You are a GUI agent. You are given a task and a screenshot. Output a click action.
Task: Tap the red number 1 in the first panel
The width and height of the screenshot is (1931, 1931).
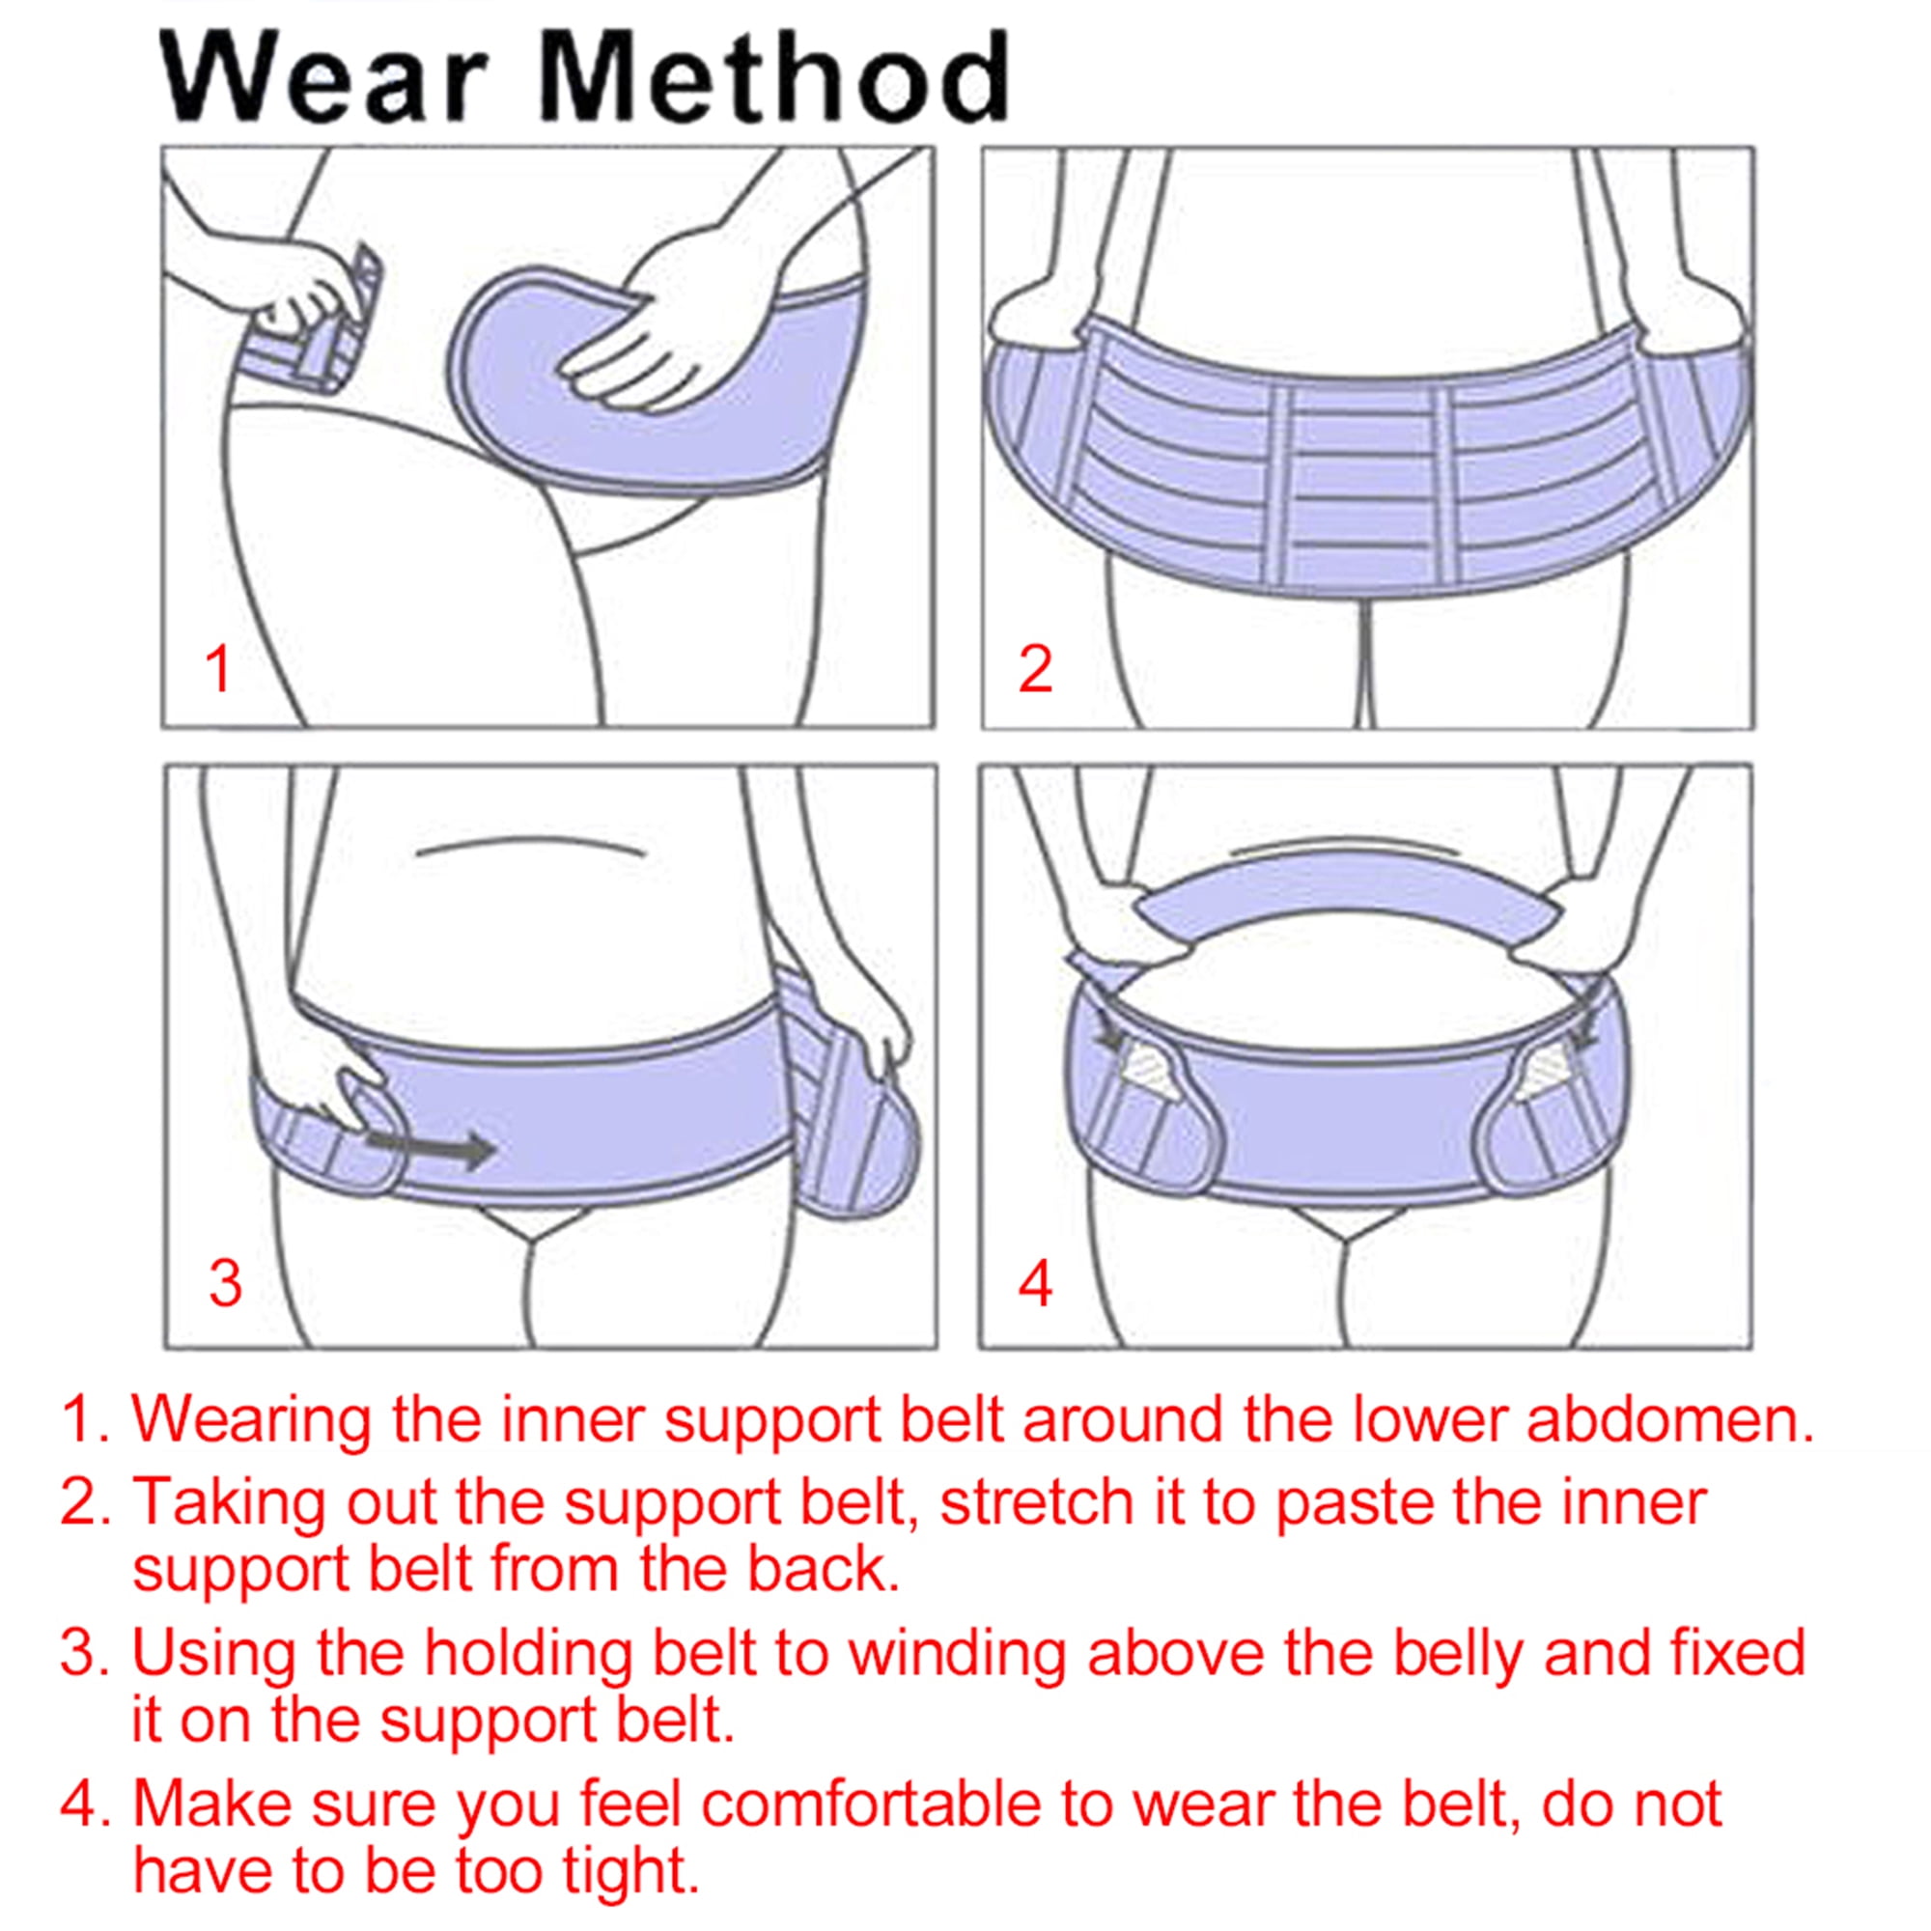(x=219, y=669)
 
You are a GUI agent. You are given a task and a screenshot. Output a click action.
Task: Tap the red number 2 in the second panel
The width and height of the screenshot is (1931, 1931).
(x=1035, y=669)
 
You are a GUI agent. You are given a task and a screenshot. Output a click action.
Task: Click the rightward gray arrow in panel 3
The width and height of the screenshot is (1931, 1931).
(x=431, y=1148)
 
